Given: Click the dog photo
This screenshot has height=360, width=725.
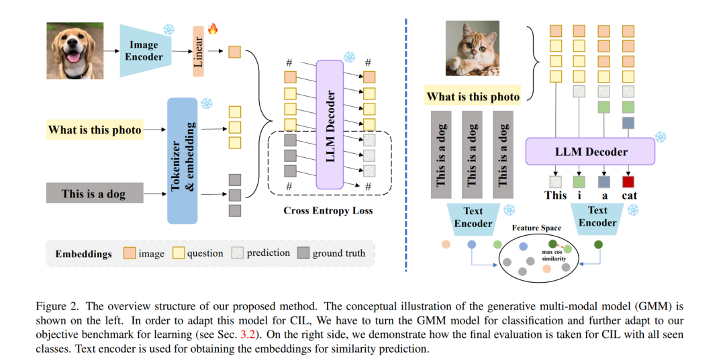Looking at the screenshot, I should (75, 50).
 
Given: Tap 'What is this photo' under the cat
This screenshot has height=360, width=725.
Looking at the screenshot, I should (473, 97).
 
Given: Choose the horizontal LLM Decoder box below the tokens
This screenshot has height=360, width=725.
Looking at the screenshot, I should (590, 152).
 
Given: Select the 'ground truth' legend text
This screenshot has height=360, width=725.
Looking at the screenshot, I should (338, 253).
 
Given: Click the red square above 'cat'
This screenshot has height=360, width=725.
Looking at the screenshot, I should (628, 181).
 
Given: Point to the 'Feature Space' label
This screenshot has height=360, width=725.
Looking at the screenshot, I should (536, 228).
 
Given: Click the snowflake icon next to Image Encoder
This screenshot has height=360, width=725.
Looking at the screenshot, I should (168, 30).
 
